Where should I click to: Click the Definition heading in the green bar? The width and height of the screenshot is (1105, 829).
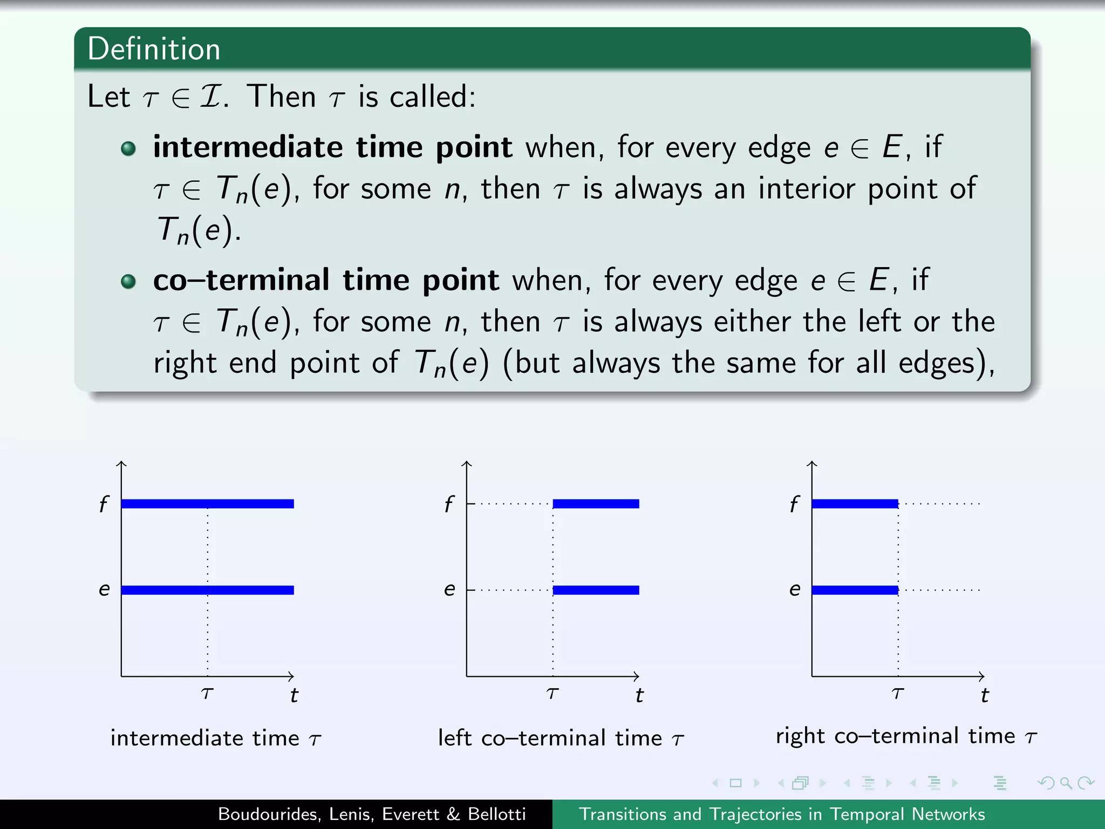click(154, 49)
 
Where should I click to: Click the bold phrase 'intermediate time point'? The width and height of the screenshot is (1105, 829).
click(332, 147)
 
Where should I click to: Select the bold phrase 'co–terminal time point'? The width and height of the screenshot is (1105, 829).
click(326, 280)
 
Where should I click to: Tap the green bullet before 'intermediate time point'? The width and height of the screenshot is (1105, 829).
click(128, 148)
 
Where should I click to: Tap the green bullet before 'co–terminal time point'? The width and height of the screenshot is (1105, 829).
click(128, 281)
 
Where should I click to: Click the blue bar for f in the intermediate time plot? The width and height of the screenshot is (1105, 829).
click(208, 504)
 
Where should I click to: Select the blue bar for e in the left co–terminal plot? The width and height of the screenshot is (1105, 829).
click(596, 590)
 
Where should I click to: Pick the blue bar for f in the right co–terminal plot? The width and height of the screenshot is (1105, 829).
click(855, 504)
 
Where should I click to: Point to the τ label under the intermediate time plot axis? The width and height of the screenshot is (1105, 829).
click(207, 693)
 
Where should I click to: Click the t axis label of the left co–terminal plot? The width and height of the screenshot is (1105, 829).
click(639, 695)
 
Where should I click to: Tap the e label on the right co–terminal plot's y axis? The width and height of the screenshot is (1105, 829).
click(795, 589)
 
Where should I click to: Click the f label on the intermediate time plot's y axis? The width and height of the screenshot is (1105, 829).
click(104, 504)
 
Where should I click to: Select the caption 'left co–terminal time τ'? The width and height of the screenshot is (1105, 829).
click(561, 738)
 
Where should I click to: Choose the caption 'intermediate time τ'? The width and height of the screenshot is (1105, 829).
click(216, 738)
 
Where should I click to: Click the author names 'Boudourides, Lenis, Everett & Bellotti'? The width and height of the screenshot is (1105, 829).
click(372, 814)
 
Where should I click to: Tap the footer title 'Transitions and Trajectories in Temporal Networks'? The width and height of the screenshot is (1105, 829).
click(782, 814)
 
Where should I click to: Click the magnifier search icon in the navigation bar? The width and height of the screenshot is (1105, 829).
click(1066, 783)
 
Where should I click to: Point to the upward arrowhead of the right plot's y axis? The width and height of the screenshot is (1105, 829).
click(812, 463)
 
